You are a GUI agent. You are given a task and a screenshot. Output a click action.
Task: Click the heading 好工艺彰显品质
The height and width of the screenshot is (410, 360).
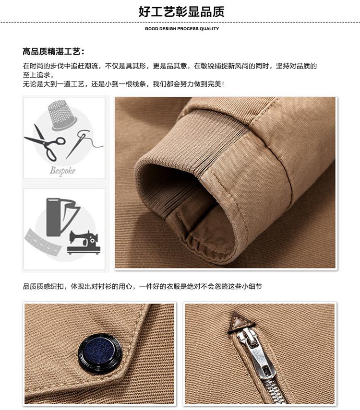click(181, 12)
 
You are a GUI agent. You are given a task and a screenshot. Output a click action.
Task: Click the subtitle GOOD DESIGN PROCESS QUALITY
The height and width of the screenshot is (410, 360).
click(182, 28)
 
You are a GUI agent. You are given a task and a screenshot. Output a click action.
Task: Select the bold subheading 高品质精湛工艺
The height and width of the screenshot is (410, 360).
click(53, 51)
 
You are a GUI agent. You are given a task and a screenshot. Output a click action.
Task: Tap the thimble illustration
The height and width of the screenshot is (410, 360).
click(62, 115)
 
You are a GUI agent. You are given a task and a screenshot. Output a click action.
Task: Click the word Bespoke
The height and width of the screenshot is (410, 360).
click(62, 171)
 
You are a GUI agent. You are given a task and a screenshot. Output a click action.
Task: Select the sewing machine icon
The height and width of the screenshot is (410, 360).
click(84, 242)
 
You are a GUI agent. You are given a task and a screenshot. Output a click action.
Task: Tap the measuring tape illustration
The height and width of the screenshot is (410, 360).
click(43, 243)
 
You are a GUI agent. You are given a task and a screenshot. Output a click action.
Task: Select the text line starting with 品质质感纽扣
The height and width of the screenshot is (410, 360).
click(143, 286)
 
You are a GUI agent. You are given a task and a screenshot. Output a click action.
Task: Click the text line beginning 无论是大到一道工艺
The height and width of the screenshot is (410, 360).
click(123, 84)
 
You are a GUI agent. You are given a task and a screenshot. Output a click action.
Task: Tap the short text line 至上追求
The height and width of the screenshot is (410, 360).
click(38, 75)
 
